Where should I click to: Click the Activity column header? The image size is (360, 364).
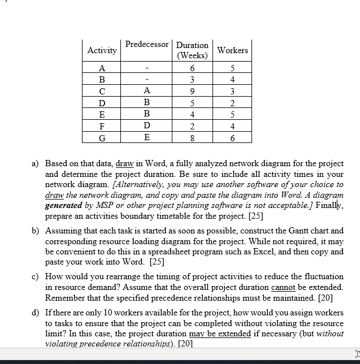(102, 50)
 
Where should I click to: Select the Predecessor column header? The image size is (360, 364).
(147, 44)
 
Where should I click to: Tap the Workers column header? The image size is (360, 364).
(232, 50)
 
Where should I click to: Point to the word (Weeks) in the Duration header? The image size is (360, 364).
(192, 56)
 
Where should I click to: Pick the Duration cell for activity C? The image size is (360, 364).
(192, 91)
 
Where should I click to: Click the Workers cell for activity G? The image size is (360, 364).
(232, 137)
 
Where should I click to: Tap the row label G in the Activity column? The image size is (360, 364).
(102, 137)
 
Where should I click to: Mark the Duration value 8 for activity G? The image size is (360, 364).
(192, 137)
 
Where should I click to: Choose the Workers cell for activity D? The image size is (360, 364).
(232, 103)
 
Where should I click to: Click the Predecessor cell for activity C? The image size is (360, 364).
(147, 91)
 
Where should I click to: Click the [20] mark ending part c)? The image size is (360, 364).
(325, 297)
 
